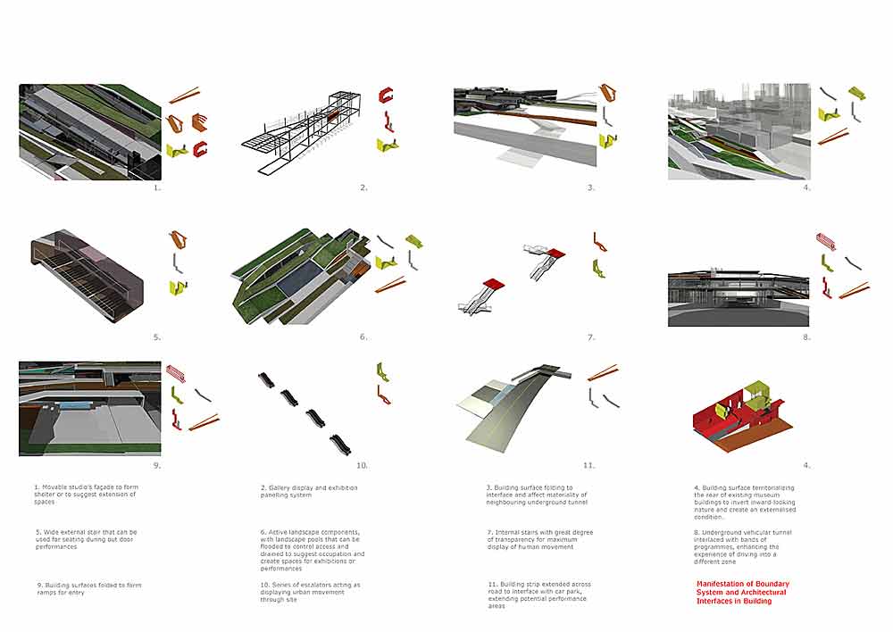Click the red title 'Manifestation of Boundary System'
click(x=743, y=593)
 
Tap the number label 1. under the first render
click(x=156, y=188)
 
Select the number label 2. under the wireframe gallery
click(x=363, y=188)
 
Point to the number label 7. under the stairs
click(x=591, y=337)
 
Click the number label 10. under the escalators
click(x=362, y=465)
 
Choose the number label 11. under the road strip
click(x=588, y=465)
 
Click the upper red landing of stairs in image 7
click(x=555, y=254)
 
